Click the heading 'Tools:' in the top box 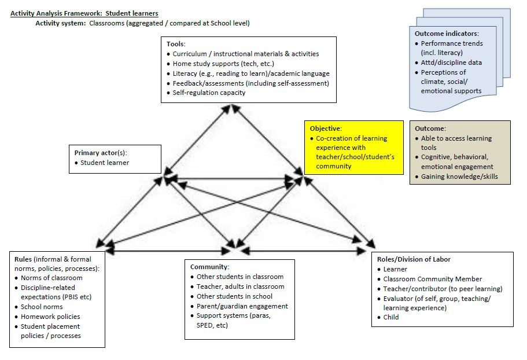[175, 44]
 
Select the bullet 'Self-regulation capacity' [209, 93]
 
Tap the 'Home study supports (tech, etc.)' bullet [223, 64]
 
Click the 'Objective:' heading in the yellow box [326, 128]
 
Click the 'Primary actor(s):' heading [101, 153]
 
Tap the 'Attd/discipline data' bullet [451, 63]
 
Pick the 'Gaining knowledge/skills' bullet [459, 177]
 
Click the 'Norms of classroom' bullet [51, 278]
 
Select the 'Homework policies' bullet [50, 317]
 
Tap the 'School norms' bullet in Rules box [42, 307]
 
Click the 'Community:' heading [210, 267]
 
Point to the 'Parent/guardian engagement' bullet [242, 306]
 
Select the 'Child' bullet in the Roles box [391, 317]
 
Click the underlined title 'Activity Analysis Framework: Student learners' [84, 13]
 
